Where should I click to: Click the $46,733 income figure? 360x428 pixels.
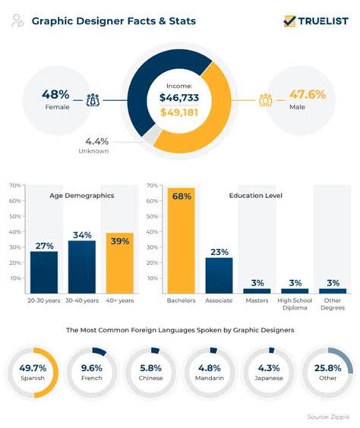[179, 98]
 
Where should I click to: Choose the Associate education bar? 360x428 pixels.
[219, 275]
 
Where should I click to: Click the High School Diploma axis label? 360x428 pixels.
[295, 304]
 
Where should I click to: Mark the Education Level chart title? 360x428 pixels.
[256, 196]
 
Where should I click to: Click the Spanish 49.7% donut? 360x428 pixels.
[33, 371]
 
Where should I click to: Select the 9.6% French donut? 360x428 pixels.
[91, 371]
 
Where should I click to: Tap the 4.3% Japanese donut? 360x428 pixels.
[268, 371]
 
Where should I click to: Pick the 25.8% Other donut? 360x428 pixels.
[327, 371]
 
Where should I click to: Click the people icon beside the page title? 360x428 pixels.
[16, 21]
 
